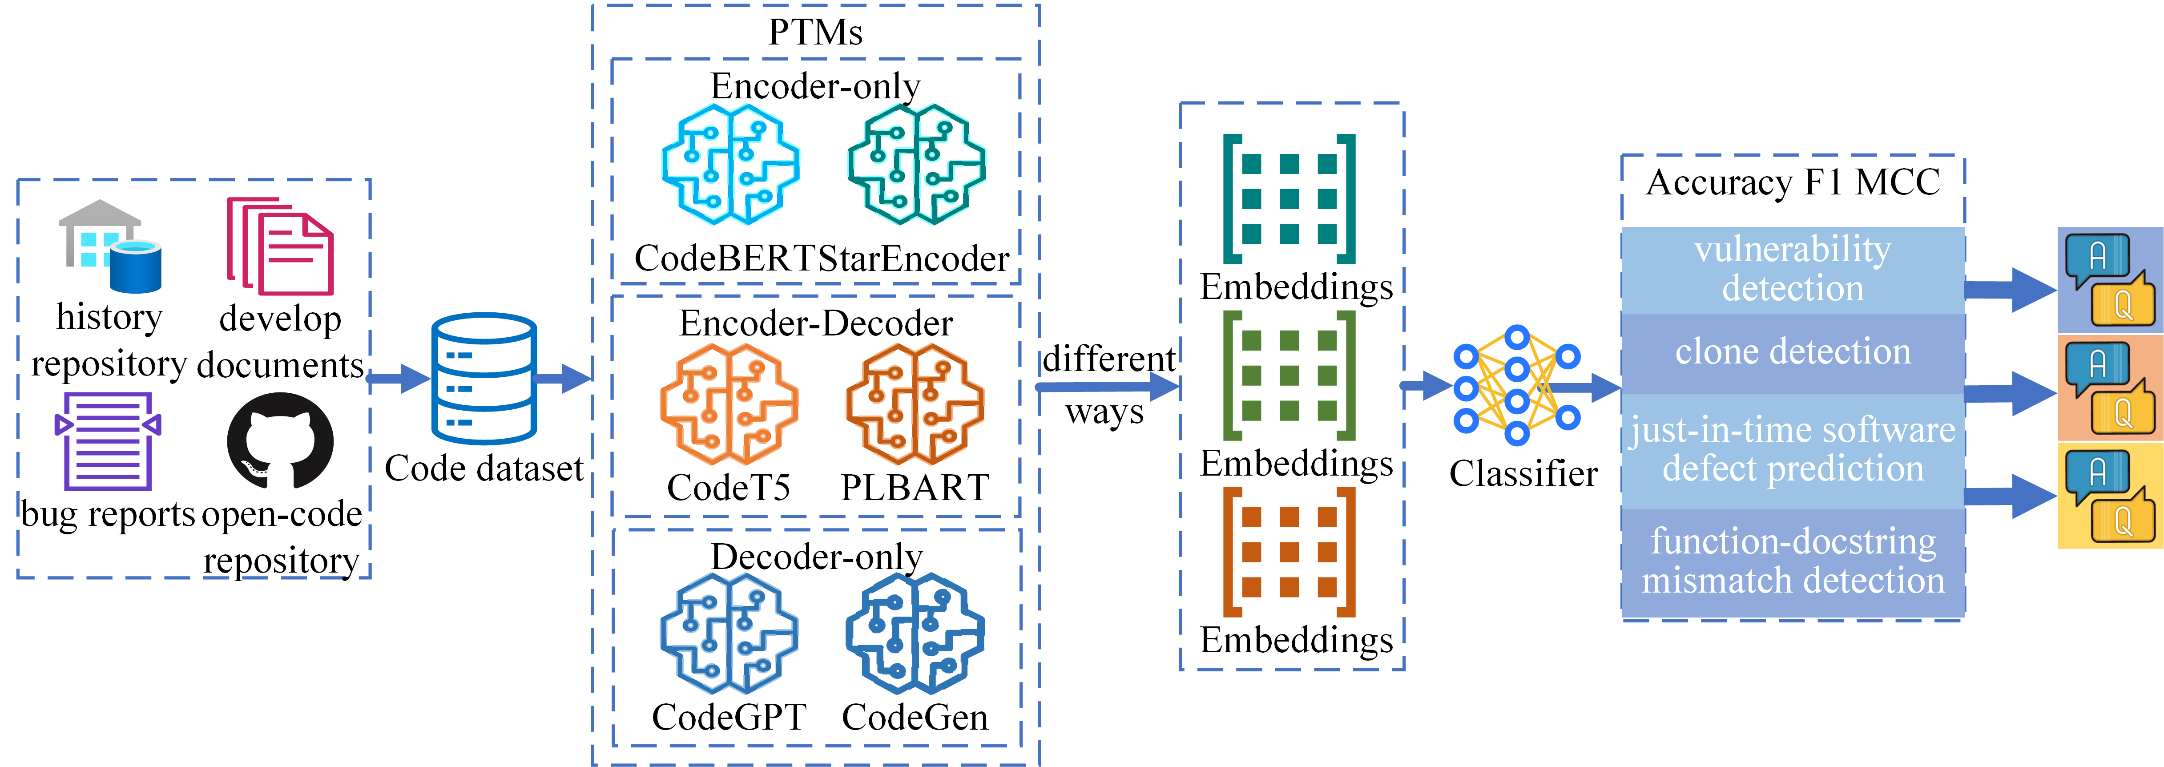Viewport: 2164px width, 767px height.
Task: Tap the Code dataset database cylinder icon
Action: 484,379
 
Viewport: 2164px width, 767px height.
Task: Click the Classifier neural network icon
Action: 1516,386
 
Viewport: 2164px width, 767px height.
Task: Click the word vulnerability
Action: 1793,250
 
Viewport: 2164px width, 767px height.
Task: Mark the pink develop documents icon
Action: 280,246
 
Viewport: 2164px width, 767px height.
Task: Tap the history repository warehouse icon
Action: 109,246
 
